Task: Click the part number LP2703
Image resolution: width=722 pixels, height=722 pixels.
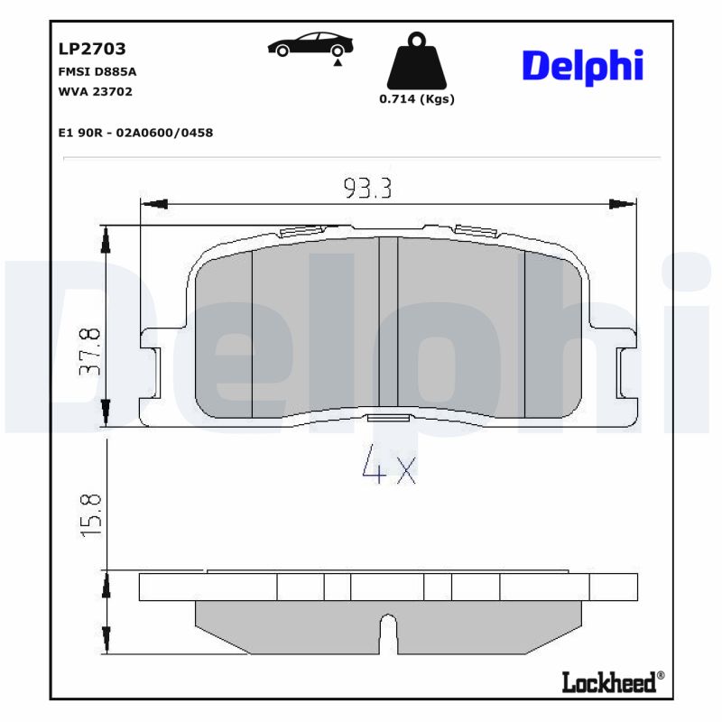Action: tap(91, 49)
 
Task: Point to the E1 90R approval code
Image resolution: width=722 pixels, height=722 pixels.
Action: tap(134, 133)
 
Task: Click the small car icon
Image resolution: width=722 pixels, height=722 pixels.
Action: tap(310, 45)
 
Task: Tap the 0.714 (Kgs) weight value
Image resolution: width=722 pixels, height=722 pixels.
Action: tap(416, 99)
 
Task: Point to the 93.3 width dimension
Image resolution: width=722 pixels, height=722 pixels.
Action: tap(367, 188)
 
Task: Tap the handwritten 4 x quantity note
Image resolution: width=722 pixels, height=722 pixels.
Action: tap(388, 467)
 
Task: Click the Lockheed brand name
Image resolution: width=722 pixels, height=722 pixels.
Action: tap(609, 683)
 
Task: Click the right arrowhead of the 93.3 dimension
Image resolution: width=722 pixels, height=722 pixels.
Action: tap(623, 203)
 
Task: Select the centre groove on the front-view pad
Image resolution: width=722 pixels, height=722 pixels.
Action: tap(388, 320)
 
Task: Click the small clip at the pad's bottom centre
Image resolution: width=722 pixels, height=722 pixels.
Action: tap(388, 417)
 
